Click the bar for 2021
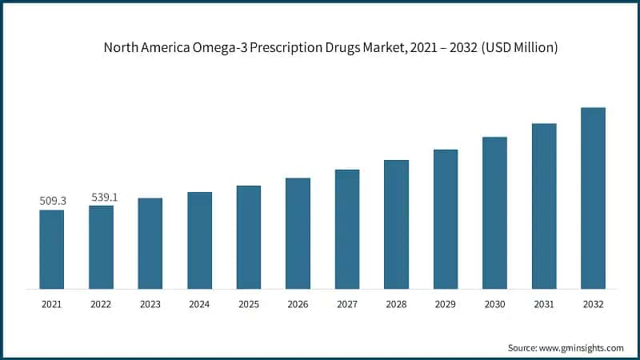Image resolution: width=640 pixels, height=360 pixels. pos(52,249)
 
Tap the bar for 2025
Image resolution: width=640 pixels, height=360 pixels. pos(249,237)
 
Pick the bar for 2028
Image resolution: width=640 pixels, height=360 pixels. pos(396,224)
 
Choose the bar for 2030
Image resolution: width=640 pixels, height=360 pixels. pos(494,212)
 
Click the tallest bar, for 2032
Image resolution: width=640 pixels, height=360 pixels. pos(593,198)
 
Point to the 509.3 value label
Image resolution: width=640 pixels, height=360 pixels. pos(52,201)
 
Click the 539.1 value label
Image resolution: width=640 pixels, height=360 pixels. pos(102,196)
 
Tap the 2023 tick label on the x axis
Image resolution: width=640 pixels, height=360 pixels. pos(150,304)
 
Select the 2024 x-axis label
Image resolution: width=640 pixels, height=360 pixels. pos(199,304)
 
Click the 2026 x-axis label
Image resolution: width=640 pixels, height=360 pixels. pos(298,304)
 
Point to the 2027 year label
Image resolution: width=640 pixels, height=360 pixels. pos(347,304)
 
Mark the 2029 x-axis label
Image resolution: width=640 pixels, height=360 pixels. pos(446,304)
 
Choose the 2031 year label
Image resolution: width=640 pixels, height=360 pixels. pos(544,304)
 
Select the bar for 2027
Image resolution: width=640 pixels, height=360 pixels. pos(347,229)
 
